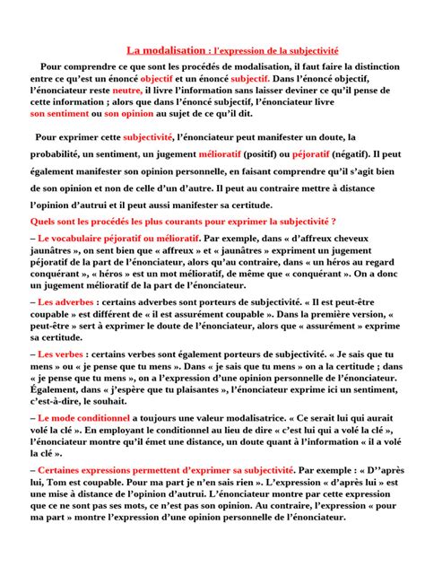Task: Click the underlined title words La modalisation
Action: [x=166, y=52]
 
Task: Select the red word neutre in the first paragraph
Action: [x=126, y=91]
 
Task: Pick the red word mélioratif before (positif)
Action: [x=222, y=154]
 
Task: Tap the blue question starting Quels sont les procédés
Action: [x=183, y=221]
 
